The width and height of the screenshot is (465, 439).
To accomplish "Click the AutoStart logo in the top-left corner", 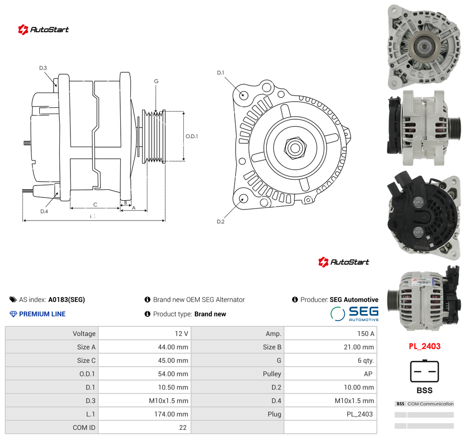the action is click(x=43, y=29).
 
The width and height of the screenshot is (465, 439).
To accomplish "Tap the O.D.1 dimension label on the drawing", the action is click(x=192, y=136).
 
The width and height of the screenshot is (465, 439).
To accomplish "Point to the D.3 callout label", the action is click(x=43, y=68).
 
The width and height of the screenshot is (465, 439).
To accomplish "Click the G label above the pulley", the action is click(x=156, y=81).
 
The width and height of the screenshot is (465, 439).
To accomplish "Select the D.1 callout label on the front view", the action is click(x=221, y=73).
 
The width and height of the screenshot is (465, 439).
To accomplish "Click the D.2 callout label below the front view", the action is click(x=221, y=222).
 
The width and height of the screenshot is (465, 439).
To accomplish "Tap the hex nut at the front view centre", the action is click(x=295, y=148).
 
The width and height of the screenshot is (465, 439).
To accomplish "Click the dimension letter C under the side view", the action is click(x=95, y=205).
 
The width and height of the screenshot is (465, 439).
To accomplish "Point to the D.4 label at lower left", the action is click(x=44, y=211).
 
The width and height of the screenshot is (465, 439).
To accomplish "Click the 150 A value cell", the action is click(x=366, y=334).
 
